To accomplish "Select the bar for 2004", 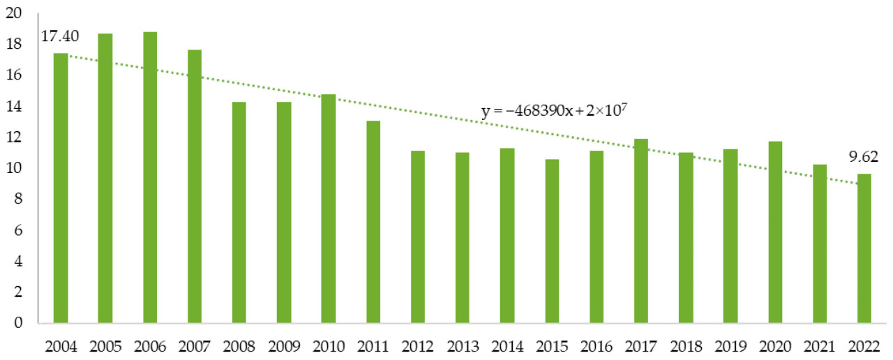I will pyautogui.click(x=61, y=188).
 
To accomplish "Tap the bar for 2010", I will pyautogui.click(x=329, y=209).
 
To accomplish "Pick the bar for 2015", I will pyautogui.click(x=552, y=241).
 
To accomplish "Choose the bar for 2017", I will pyautogui.click(x=641, y=231).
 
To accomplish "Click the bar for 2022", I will pyautogui.click(x=864, y=248).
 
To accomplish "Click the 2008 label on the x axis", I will pyautogui.click(x=239, y=345).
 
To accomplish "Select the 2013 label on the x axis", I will pyautogui.click(x=463, y=345).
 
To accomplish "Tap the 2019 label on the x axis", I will pyautogui.click(x=730, y=345).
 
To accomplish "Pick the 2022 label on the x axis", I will pyautogui.click(x=864, y=345).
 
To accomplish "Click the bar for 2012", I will pyautogui.click(x=418, y=237).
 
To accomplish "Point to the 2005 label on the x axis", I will pyautogui.click(x=105, y=345).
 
